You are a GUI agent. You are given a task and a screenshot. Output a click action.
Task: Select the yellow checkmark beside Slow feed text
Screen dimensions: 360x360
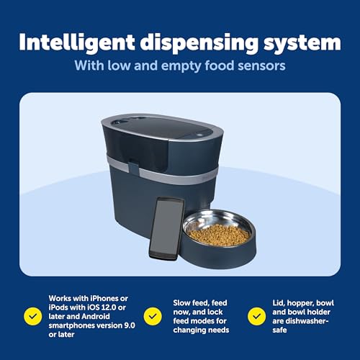tap(152, 315)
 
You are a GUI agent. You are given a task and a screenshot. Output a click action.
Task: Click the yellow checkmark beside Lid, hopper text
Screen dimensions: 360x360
tap(254, 315)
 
